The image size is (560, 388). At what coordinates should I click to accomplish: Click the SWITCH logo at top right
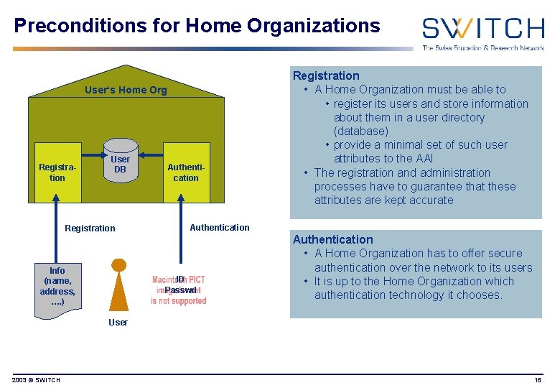[x=482, y=32]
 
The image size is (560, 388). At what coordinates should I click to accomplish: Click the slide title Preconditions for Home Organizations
[x=197, y=26]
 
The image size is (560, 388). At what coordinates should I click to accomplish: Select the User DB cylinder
[x=120, y=165]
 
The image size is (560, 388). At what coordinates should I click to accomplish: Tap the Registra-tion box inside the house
[x=57, y=172]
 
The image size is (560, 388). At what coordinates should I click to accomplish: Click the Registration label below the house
[x=90, y=228]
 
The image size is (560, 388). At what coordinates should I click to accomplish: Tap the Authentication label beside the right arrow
[x=220, y=228]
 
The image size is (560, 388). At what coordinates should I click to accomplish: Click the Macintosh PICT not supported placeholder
[x=179, y=290]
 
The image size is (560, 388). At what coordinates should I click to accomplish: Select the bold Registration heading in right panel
[x=326, y=75]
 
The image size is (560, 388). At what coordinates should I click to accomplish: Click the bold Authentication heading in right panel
[x=332, y=239]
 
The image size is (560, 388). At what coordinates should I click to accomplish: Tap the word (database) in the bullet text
[x=360, y=131]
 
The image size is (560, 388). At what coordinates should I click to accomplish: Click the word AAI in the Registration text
[x=424, y=158]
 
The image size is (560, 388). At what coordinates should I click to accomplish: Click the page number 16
[x=538, y=380]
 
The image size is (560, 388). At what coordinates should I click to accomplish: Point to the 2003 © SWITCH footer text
[x=36, y=380]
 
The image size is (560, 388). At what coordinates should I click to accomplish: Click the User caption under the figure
[x=118, y=323]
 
